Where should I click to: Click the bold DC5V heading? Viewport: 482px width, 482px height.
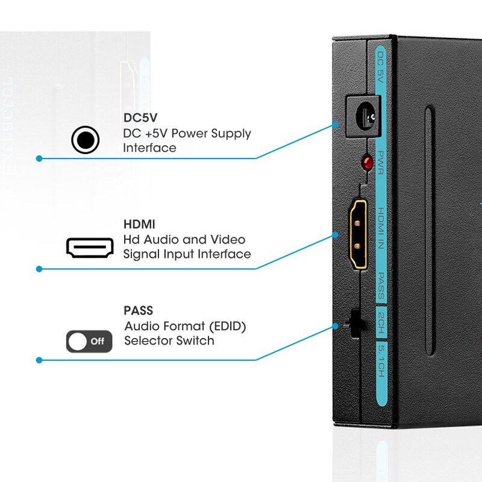click(140, 118)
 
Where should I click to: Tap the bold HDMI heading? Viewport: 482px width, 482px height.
click(139, 224)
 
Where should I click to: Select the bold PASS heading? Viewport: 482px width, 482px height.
click(139, 311)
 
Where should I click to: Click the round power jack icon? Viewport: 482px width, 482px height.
click(85, 140)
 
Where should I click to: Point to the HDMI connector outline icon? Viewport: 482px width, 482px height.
click(90, 247)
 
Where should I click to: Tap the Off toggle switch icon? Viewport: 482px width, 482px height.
click(89, 342)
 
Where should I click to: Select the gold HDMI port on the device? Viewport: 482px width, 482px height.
click(360, 234)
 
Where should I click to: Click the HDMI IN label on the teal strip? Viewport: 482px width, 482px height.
click(381, 229)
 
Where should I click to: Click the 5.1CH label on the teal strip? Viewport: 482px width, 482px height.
click(381, 360)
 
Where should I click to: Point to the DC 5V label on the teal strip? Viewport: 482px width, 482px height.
click(380, 66)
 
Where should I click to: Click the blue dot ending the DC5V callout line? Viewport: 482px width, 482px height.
click(39, 158)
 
